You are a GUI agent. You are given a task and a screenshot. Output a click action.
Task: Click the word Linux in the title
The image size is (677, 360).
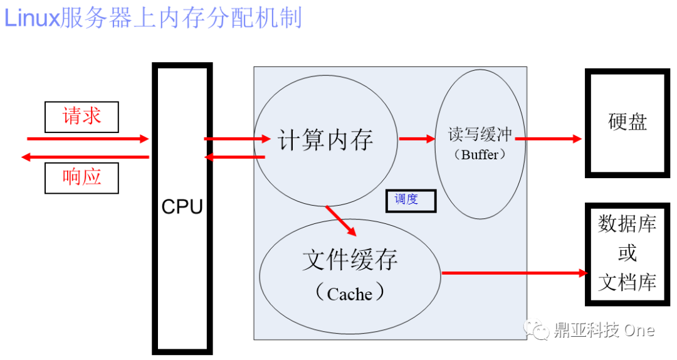(31, 19)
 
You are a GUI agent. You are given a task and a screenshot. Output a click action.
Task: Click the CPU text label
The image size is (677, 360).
(182, 207)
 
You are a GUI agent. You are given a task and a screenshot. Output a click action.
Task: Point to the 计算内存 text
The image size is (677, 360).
(325, 140)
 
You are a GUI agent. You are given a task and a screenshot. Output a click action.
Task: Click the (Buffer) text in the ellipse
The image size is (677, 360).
(480, 154)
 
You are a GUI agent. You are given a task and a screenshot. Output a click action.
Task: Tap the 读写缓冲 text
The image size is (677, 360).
(480, 134)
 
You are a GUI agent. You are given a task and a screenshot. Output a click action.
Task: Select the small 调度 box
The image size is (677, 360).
(411, 201)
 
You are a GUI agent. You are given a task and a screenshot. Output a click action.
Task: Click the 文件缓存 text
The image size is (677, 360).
(350, 260)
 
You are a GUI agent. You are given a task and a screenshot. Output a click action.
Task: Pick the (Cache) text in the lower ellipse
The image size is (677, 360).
(350, 293)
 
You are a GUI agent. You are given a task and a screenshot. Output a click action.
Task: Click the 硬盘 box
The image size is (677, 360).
(627, 123)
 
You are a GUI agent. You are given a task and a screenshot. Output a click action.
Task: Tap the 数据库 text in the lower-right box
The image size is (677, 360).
(627, 224)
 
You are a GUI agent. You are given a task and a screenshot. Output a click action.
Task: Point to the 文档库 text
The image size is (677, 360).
(627, 282)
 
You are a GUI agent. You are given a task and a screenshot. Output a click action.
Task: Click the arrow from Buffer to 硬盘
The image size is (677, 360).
(548, 139)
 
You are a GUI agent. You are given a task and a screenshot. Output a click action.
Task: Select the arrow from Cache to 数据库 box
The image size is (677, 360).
(515, 273)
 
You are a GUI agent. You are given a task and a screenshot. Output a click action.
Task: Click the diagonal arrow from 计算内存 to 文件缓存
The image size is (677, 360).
(340, 220)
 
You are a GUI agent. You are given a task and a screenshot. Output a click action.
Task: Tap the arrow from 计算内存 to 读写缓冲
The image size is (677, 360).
(417, 139)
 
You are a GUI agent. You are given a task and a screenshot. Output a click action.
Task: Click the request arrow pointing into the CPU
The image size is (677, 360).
(88, 139)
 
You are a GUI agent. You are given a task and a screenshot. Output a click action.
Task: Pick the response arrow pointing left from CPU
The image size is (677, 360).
(85, 157)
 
